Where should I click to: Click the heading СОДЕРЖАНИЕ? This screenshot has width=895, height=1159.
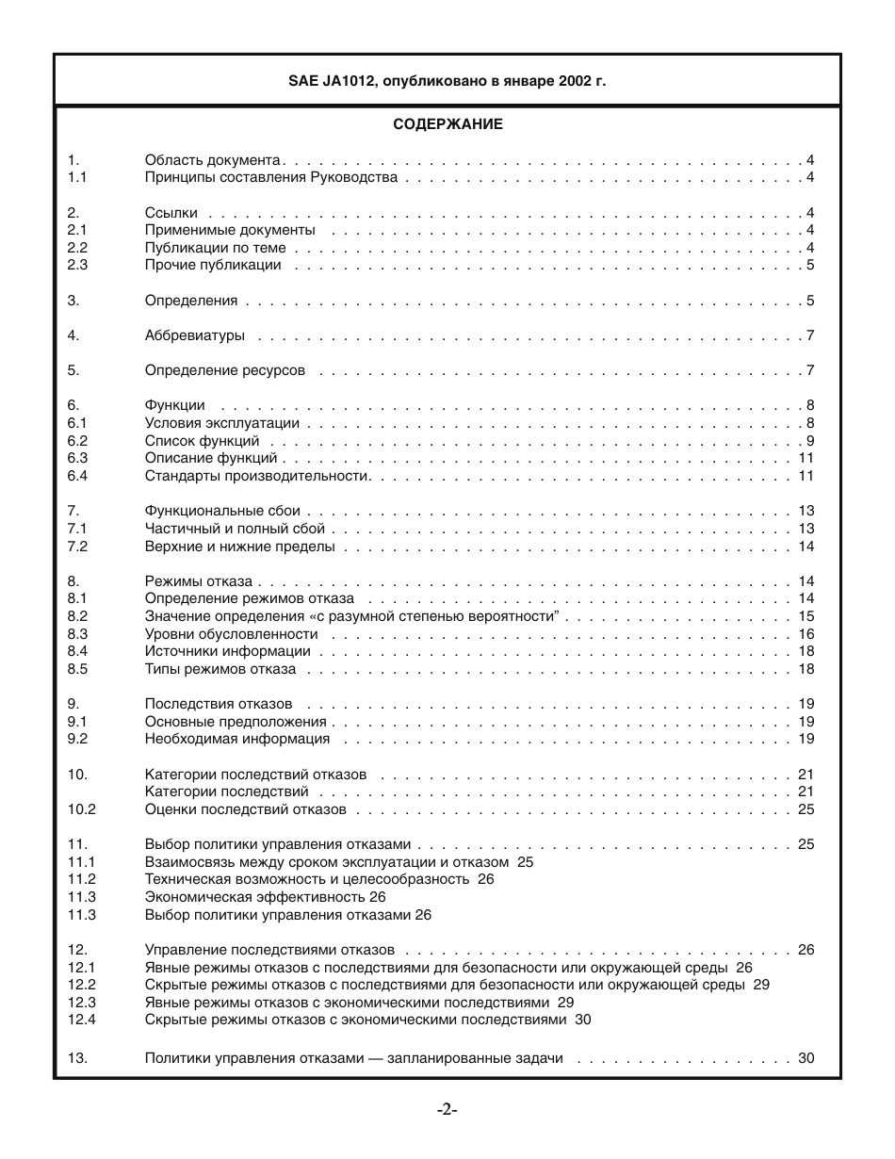point(447,124)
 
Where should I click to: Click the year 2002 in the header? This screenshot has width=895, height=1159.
point(576,81)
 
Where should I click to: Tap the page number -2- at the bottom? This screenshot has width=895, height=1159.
point(447,1110)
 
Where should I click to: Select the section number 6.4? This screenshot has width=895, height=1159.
point(77,476)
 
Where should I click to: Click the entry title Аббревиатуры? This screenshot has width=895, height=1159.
point(195,335)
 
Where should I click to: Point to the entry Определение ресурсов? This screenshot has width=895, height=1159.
point(225,370)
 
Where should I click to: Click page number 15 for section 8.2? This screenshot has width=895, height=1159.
point(805,616)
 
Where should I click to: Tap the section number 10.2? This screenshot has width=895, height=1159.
point(82,809)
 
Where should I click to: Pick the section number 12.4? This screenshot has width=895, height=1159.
point(82,1020)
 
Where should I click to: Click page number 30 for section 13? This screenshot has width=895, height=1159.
point(805,1058)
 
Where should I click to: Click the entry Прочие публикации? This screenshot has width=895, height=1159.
point(213,265)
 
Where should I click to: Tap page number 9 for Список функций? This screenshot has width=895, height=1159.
point(809,441)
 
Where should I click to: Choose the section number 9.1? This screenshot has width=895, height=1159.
point(77,722)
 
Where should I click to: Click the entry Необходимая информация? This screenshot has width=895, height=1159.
point(237,739)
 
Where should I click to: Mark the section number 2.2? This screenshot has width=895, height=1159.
point(77,248)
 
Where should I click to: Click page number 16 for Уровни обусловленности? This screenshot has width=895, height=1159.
point(805,634)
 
